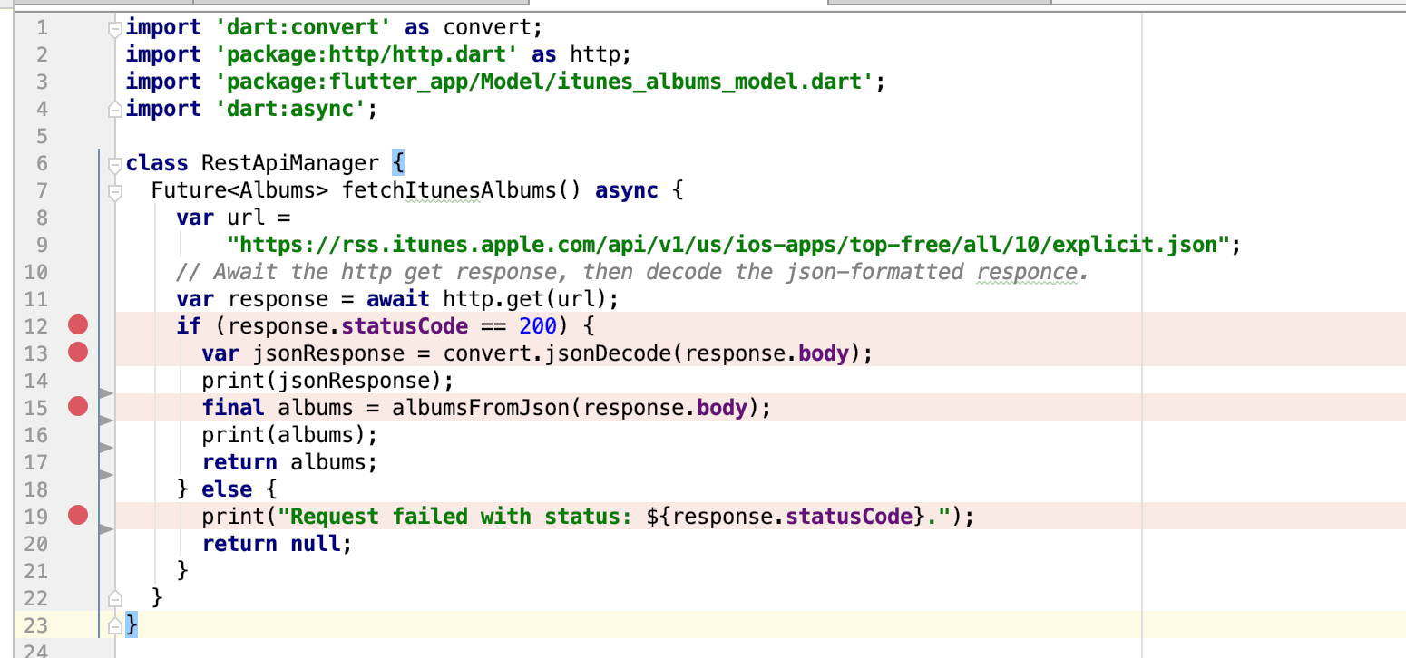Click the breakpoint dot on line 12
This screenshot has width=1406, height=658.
pyautogui.click(x=78, y=325)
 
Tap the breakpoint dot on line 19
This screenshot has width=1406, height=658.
pyautogui.click(x=78, y=515)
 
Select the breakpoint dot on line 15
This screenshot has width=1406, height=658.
pyautogui.click(x=78, y=406)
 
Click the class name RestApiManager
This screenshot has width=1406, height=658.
pyautogui.click(x=290, y=163)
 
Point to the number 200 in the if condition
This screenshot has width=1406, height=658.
pyautogui.click(x=538, y=326)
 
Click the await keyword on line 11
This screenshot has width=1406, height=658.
pyautogui.click(x=398, y=299)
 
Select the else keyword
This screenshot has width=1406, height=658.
pyautogui.click(x=227, y=489)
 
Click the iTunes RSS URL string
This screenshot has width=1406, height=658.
pyautogui.click(x=728, y=245)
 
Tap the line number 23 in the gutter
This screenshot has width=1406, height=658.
pyautogui.click(x=35, y=625)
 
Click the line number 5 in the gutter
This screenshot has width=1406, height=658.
pyautogui.click(x=42, y=136)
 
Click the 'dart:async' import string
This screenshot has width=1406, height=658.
pyautogui.click(x=290, y=109)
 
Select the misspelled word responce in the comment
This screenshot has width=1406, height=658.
pyautogui.click(x=1026, y=272)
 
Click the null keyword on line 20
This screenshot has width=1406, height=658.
pyautogui.click(x=315, y=544)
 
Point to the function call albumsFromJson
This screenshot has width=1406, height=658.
pyautogui.click(x=480, y=408)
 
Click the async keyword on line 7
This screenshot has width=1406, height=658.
pyautogui.click(x=627, y=190)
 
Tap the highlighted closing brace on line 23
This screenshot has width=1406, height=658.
pyautogui.click(x=132, y=624)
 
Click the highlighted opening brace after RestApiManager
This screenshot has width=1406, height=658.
pyautogui.click(x=398, y=163)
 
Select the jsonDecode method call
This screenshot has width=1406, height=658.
pyautogui.click(x=608, y=353)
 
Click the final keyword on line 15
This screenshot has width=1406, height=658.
pyautogui.click(x=233, y=408)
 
